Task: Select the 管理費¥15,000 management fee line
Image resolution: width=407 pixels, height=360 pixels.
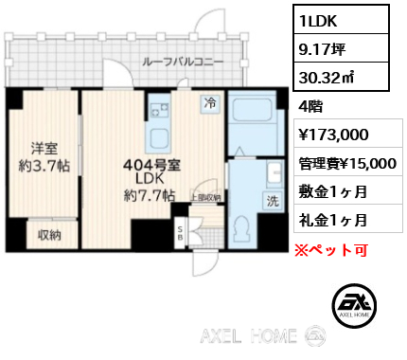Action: [x=345, y=163]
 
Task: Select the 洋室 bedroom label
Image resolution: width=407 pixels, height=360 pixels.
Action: [x=44, y=148]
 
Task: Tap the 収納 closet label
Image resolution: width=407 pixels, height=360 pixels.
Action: [x=50, y=235]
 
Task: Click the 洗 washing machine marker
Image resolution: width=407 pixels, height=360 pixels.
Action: [x=272, y=202]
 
